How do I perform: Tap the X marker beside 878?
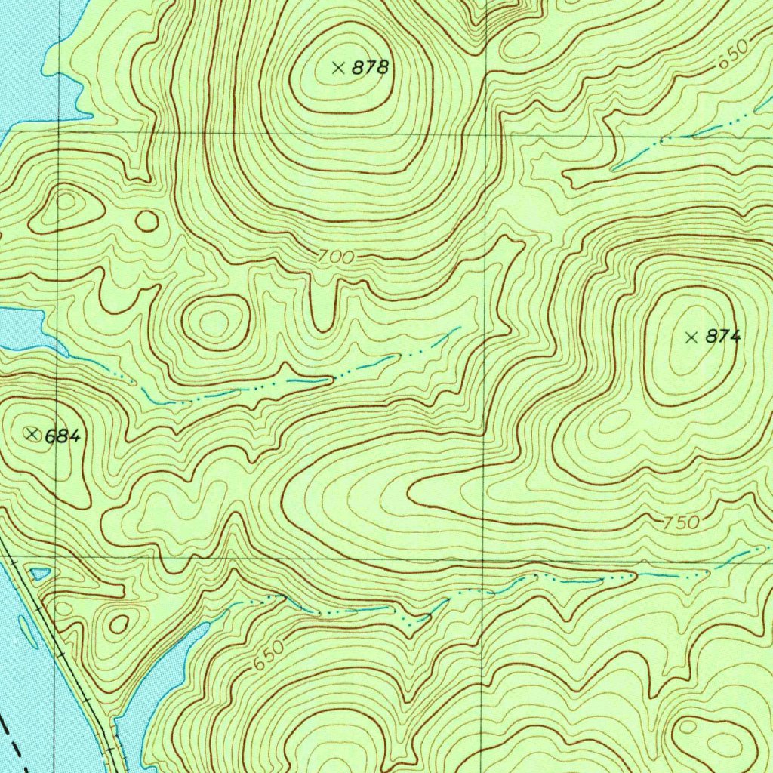(x=338, y=68)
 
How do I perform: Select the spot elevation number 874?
(x=723, y=337)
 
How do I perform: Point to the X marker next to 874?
(x=691, y=337)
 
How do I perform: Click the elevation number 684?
(x=62, y=436)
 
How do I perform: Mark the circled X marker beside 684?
(x=31, y=433)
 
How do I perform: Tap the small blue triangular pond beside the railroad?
(x=39, y=574)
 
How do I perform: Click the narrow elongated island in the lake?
(x=27, y=633)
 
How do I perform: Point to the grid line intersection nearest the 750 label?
(x=483, y=560)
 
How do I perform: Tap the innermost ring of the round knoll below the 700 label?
(x=214, y=323)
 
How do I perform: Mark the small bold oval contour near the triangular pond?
(x=119, y=624)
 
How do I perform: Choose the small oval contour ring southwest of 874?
(x=614, y=420)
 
